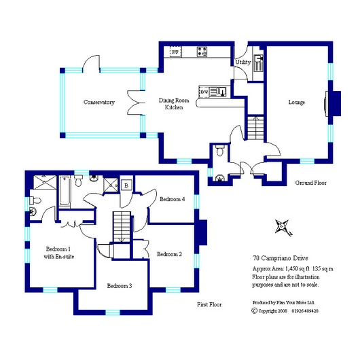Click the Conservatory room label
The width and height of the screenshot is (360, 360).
[x=99, y=102]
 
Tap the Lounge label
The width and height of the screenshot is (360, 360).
[x=297, y=102]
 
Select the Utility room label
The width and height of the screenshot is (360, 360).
[x=243, y=62]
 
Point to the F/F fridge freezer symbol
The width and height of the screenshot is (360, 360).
[x=175, y=52]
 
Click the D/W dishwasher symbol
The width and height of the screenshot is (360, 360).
[x=204, y=92]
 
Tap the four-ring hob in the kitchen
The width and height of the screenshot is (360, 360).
[x=202, y=52]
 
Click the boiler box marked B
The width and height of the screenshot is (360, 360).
[x=126, y=185]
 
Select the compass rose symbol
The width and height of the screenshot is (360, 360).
[x=283, y=228]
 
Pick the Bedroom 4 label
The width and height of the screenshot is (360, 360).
[x=173, y=199]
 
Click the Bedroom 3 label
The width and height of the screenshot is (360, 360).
[x=120, y=286]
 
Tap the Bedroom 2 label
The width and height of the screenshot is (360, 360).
[x=169, y=254]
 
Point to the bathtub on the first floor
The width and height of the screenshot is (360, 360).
[x=65, y=191]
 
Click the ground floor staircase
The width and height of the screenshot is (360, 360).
[x=255, y=128]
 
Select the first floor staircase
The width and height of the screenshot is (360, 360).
[x=122, y=227]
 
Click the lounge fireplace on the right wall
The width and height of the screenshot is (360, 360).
[x=333, y=103]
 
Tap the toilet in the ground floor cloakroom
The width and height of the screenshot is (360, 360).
[x=220, y=150]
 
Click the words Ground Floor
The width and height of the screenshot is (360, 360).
[x=310, y=183]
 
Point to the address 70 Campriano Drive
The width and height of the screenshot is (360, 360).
[x=281, y=258]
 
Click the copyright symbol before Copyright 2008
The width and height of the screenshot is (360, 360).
[x=255, y=311]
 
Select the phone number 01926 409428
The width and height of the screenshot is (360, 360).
[x=305, y=311]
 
